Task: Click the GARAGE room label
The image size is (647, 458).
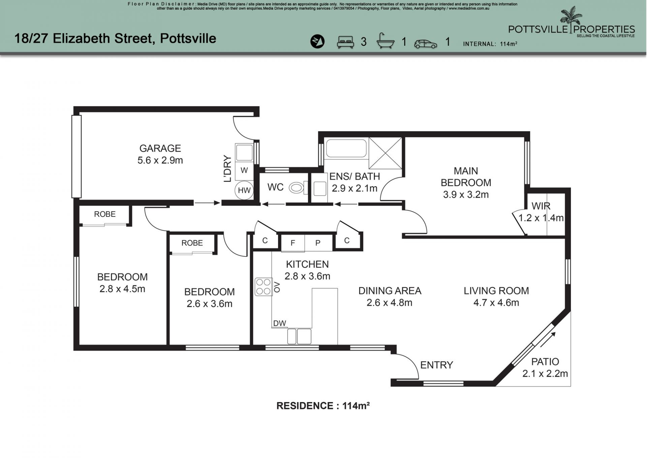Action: pyautogui.click(x=160, y=148)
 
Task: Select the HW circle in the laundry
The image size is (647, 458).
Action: pyautogui.click(x=244, y=190)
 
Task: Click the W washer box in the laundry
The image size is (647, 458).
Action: pyautogui.click(x=244, y=170)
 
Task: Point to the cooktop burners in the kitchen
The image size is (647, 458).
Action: pyautogui.click(x=263, y=286)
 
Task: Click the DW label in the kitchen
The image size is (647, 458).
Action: pyautogui.click(x=279, y=323)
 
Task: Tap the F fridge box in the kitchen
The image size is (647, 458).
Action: pyautogui.click(x=293, y=243)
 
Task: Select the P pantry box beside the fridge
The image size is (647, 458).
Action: pyautogui.click(x=318, y=243)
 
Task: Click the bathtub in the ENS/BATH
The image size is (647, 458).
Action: pyautogui.click(x=346, y=148)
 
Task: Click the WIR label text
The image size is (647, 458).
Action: pyautogui.click(x=541, y=206)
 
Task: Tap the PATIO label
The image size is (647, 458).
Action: pyautogui.click(x=545, y=362)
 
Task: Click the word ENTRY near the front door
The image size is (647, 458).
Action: pyautogui.click(x=436, y=365)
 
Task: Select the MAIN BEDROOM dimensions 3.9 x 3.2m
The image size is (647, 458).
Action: pyautogui.click(x=466, y=195)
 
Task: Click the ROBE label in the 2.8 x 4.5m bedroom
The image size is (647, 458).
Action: pyautogui.click(x=105, y=214)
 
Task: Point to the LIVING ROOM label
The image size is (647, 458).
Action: pyautogui.click(x=496, y=291)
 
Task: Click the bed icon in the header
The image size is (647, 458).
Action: pyautogui.click(x=345, y=42)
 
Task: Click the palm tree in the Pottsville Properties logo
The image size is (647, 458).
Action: pyautogui.click(x=571, y=19)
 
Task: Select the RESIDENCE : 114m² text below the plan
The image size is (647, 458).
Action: pyautogui.click(x=323, y=406)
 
